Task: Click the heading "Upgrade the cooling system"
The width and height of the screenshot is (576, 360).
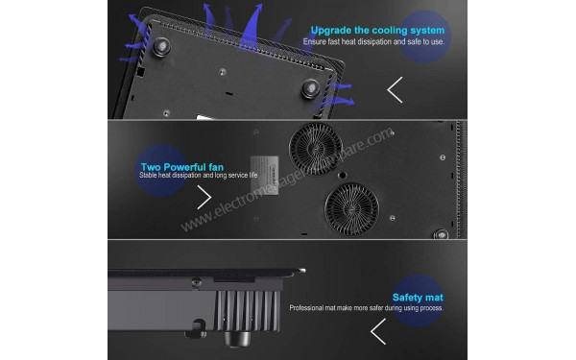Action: [x=377, y=30]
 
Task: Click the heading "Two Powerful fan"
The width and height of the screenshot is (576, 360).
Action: [x=181, y=167]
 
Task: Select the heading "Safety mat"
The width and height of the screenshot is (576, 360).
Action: [x=418, y=298]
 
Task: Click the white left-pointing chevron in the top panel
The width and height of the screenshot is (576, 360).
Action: [x=395, y=89]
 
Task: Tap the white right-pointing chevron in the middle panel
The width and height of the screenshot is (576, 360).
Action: [x=204, y=197]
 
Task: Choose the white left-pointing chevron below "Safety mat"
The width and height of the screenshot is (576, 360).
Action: [x=378, y=331]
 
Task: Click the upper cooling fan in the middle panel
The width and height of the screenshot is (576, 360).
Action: [x=316, y=149]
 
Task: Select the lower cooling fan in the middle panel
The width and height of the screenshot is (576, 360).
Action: [x=351, y=209]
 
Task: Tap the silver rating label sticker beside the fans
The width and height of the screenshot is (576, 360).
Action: [x=264, y=176]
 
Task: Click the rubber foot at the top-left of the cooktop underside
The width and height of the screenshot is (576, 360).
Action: [x=161, y=47]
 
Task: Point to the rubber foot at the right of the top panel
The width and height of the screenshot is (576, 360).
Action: [x=310, y=88]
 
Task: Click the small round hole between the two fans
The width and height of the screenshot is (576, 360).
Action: [x=342, y=176]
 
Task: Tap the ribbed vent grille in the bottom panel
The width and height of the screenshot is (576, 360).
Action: [x=248, y=310]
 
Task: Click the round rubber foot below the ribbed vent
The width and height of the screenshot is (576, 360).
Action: [x=237, y=338]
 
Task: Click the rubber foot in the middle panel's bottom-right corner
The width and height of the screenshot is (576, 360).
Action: [x=441, y=234]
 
